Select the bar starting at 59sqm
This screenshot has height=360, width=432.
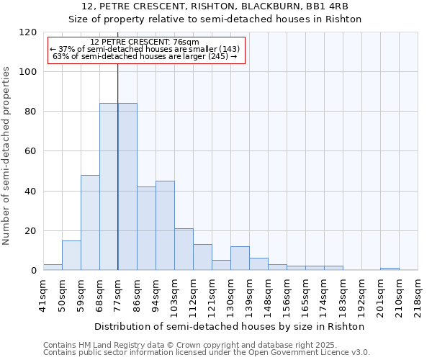[90, 222]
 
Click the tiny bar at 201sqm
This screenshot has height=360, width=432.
[390, 269]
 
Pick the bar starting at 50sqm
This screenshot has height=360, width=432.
[71, 256]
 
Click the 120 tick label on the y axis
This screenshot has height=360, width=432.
[28, 32]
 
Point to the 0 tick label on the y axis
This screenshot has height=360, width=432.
[34, 271]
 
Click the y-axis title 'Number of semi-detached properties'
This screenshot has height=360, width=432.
[6, 151]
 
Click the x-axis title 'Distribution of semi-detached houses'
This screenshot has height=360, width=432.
[230, 326]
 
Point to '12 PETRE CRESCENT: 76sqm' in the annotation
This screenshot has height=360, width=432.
[145, 42]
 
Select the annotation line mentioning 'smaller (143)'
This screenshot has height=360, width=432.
[145, 49]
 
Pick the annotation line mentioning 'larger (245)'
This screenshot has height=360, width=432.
[145, 56]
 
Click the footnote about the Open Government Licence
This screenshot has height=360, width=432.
[207, 353]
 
